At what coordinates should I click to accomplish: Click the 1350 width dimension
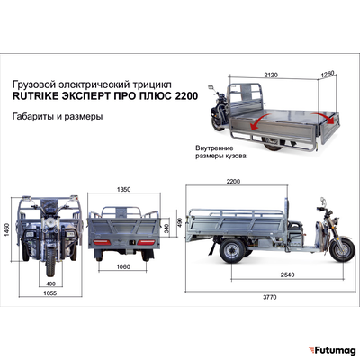128,190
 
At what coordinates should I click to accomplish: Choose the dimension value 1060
130,266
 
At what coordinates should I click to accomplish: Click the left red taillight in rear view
103,242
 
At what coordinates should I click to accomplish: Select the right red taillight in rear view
153,242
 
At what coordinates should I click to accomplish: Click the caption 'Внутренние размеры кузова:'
225,149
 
